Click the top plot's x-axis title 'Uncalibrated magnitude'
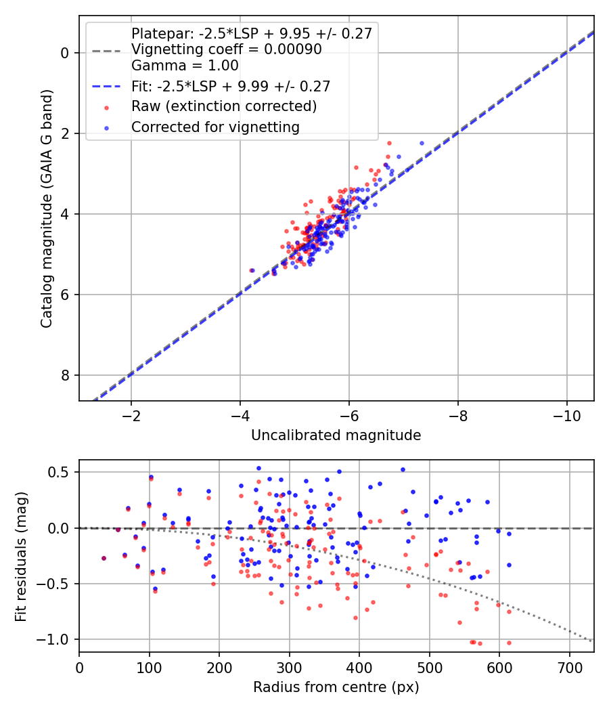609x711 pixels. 336,435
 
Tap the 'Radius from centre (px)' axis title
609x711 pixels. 336,687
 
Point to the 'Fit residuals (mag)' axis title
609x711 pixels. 21,557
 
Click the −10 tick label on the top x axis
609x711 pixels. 566,416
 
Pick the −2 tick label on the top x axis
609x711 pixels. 131,416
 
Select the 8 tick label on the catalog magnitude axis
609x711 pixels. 64,375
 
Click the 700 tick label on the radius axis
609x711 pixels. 570,668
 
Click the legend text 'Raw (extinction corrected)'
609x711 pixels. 224,106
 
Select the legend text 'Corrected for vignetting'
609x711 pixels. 215,127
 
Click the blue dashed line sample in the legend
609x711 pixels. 106,86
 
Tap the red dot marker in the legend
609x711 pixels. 106,108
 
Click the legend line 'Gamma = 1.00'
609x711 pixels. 185,66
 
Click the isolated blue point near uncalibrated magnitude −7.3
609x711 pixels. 422,143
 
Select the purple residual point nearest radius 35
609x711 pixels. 104,558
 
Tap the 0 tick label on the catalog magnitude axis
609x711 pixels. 64,53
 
